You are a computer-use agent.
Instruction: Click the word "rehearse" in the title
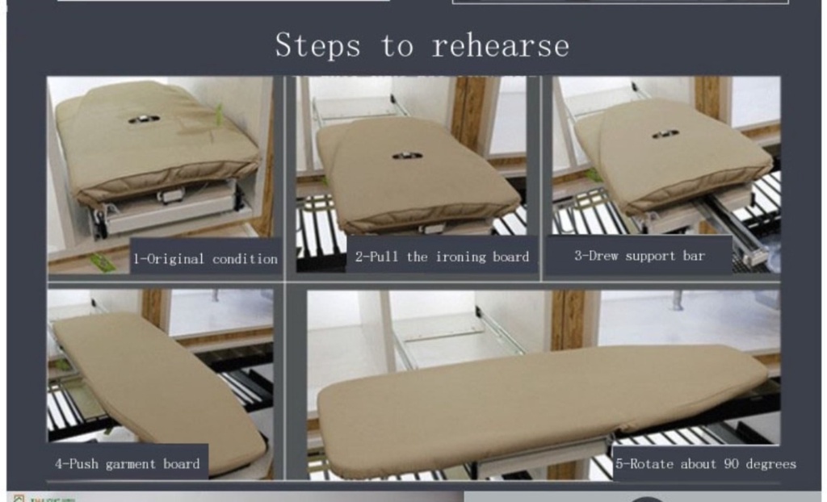(500, 45)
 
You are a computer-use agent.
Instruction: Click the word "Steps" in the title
(317, 45)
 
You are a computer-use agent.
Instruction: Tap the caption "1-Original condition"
(205, 259)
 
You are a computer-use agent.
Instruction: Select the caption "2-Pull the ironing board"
(442, 257)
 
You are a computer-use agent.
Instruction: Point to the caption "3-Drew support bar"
(639, 256)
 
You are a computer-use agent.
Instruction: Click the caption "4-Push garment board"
(127, 463)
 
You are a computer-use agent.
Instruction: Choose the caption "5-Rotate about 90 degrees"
(705, 463)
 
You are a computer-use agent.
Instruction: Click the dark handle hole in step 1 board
(143, 119)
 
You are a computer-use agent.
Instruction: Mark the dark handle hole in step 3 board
(665, 134)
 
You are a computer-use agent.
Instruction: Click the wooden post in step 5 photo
(569, 319)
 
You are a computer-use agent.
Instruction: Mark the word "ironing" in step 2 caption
(460, 257)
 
